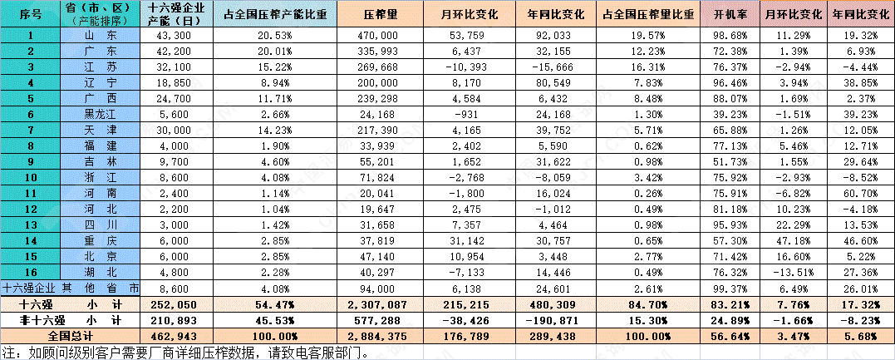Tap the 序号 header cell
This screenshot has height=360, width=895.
click(30, 14)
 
